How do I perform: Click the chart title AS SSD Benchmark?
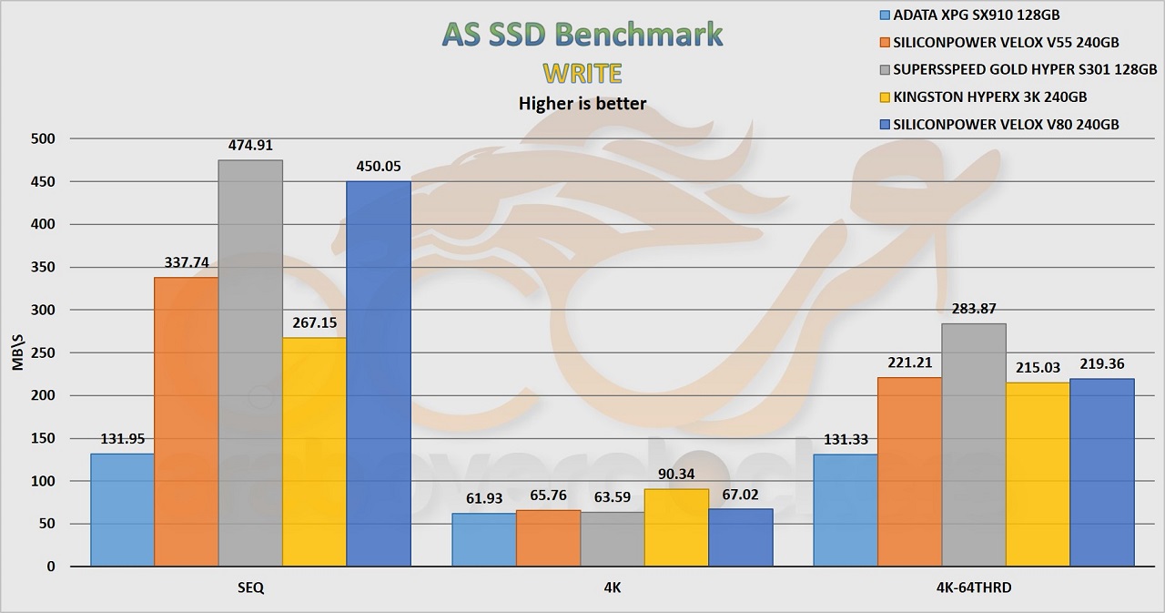point(582,33)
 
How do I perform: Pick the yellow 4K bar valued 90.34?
point(676,527)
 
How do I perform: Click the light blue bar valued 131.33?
point(845,510)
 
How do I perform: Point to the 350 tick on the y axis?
point(44,268)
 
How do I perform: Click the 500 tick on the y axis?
point(44,139)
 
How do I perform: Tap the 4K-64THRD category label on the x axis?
point(973,588)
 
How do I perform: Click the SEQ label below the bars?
point(249,588)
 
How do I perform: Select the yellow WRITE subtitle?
point(582,72)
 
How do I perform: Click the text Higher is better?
point(582,103)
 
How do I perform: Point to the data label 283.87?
point(974,309)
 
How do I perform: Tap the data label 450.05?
point(378,167)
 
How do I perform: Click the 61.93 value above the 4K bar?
point(483,498)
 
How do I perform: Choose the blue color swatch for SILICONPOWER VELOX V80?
point(886,124)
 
